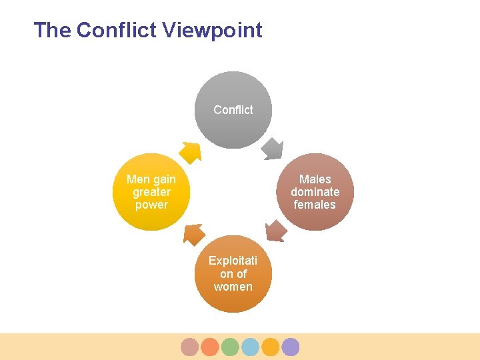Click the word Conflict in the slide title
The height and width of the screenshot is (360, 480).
pos(115,30)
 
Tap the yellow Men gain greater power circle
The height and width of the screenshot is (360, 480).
pos(151,192)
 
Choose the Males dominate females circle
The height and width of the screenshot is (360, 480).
pos(315,192)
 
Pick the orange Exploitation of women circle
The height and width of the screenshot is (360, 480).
pos(233,274)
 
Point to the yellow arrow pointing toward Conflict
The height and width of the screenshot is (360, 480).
pos(191,153)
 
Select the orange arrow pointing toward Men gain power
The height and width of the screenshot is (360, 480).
pos(194,233)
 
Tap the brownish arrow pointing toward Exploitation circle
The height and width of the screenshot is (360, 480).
pos(276,231)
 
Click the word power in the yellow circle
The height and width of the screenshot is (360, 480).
pos(151,205)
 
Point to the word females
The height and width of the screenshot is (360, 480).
pos(315,205)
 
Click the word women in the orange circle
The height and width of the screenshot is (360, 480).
pos(233,287)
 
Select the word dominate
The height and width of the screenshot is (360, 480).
pos(315,192)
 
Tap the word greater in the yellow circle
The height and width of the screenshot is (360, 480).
pos(151,192)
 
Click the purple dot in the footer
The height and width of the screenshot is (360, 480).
pos(290,347)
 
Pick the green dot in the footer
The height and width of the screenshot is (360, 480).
pos(230,347)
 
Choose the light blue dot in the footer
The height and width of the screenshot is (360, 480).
pos(250,347)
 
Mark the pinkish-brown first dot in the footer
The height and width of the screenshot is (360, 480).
pos(190,347)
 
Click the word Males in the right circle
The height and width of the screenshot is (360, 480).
pos(315,179)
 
